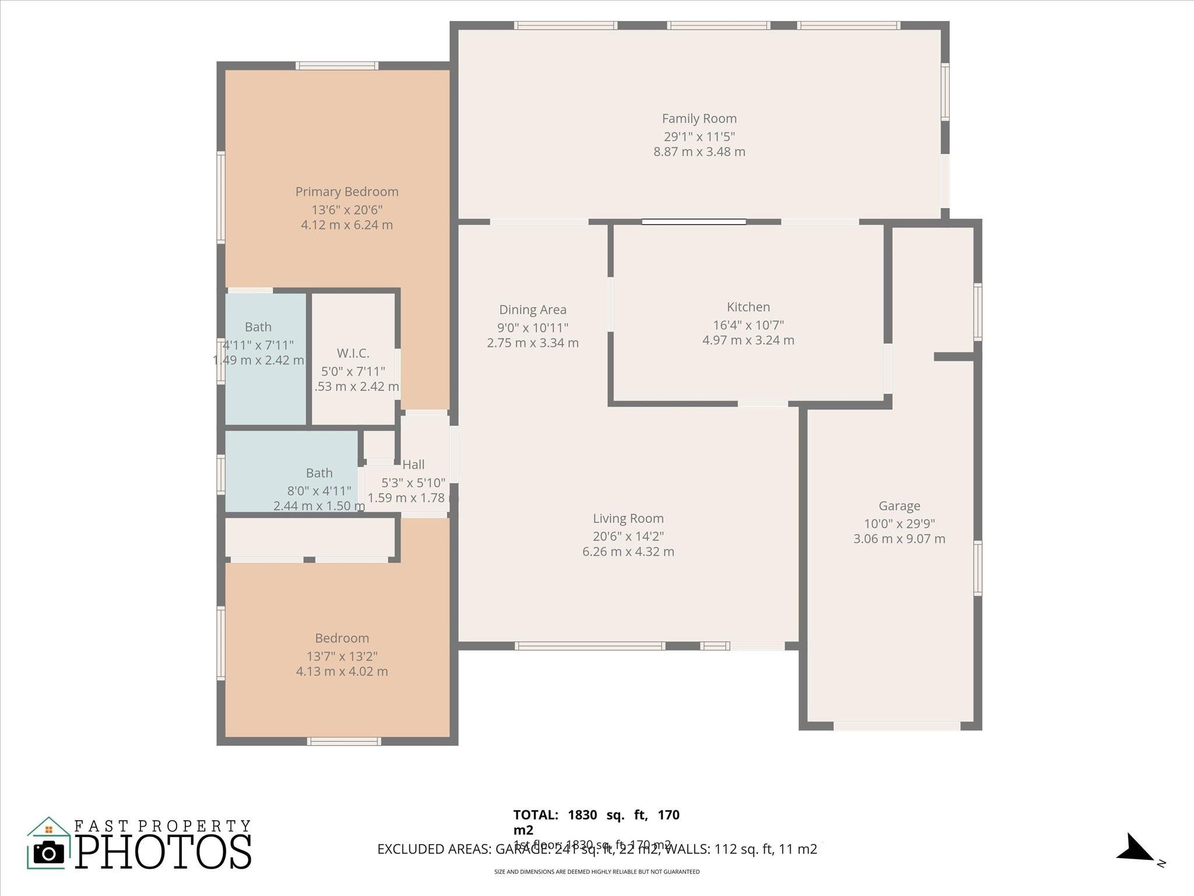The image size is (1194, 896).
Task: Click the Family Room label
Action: [699, 119]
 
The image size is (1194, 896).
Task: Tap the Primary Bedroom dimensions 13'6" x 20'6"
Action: [347, 210]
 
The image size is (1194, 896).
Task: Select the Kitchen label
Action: [748, 307]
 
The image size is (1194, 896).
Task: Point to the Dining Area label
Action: [532, 310]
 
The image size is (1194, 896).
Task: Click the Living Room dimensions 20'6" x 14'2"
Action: [628, 537]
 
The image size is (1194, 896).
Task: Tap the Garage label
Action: [899, 506]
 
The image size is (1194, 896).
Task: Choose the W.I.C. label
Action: [353, 353]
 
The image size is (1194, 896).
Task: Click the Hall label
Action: [413, 465]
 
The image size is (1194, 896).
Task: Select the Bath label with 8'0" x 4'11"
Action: [319, 473]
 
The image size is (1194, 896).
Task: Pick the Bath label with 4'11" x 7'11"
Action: [258, 327]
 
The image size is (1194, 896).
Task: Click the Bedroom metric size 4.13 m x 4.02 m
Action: [342, 671]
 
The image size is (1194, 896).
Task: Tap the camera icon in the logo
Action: [49, 853]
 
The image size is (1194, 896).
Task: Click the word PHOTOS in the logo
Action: [163, 852]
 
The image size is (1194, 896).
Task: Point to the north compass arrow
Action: [1134, 848]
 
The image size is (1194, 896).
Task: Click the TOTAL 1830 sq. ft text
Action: [596, 815]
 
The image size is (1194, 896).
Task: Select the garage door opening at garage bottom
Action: [897, 726]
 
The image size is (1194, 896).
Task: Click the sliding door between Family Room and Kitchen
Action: [694, 222]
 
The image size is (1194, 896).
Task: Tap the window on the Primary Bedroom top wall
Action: [337, 66]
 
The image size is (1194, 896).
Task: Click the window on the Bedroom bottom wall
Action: [344, 741]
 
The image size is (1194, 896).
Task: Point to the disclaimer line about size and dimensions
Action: [596, 872]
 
